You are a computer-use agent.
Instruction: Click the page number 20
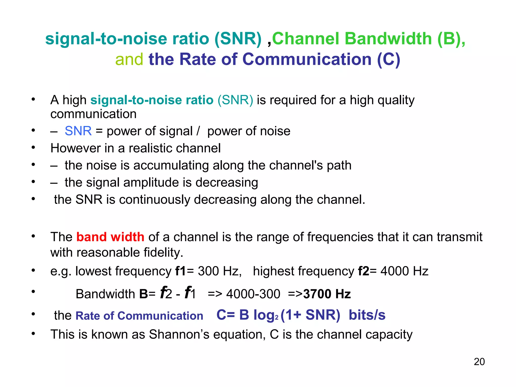pos(479,362)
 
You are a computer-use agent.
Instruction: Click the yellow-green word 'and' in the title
pos(129,59)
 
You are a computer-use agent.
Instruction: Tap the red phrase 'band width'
pos(110,237)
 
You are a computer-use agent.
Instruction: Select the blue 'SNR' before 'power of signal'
pos(78,131)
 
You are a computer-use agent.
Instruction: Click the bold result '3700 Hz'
pos(327,294)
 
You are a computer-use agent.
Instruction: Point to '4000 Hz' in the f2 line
pos(404,271)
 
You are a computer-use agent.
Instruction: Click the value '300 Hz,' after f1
pos(220,271)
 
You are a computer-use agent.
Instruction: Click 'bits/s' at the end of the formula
pos(367,315)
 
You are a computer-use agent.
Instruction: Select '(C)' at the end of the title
pos(389,59)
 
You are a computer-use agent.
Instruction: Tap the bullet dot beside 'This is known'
pos(33,334)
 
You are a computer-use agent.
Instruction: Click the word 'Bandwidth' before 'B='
pos(105,294)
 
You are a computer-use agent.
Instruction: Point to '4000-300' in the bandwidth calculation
pos(253,294)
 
